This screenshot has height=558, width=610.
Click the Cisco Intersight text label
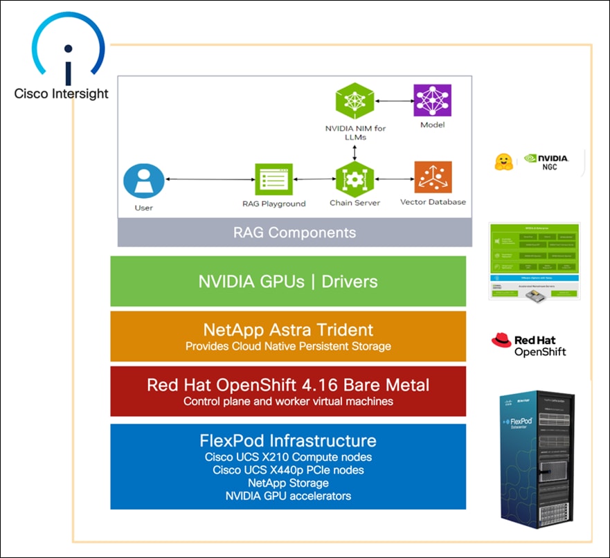point(62,93)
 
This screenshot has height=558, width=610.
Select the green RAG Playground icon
point(273,181)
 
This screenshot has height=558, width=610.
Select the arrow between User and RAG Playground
point(208,180)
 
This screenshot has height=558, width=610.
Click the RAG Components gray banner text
point(295,233)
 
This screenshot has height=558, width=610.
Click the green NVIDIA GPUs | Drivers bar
point(288,281)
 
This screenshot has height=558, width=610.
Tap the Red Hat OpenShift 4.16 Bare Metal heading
point(288,384)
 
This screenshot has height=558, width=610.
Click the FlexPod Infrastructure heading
point(288,440)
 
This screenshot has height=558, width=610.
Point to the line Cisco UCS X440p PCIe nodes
point(288,470)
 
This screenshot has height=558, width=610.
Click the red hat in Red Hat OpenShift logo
point(501,339)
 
